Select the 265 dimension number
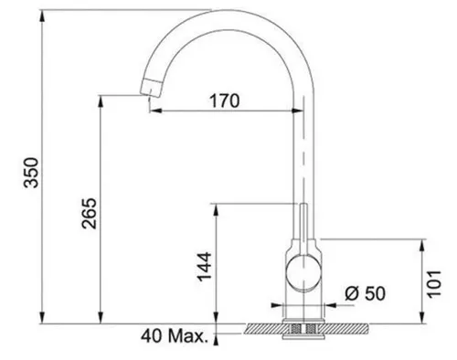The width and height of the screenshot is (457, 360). coord(88,215)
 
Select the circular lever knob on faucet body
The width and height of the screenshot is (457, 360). coord(300,271)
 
